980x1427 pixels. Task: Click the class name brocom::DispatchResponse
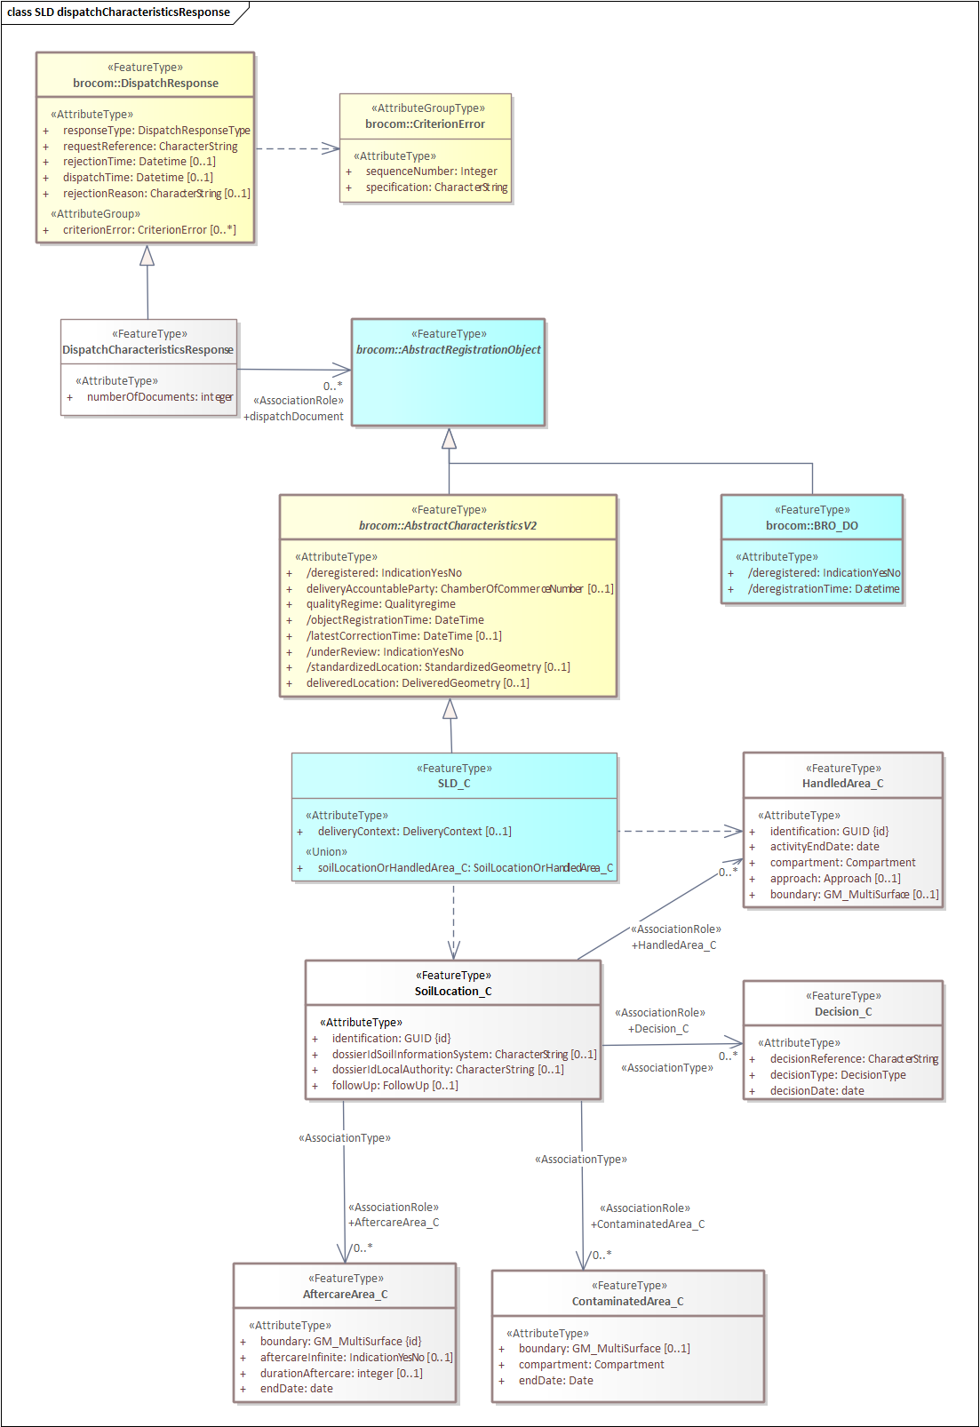pyautogui.click(x=146, y=83)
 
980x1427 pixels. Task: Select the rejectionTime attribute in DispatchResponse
pyautogui.click(x=139, y=162)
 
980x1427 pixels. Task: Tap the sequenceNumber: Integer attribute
pyautogui.click(x=432, y=171)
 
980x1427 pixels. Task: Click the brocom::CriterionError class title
pyautogui.click(x=425, y=124)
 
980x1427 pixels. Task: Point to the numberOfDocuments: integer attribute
pyautogui.click(x=160, y=397)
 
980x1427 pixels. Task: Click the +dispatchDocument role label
pyautogui.click(x=294, y=417)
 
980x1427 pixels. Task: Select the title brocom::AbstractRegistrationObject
pyautogui.click(x=448, y=350)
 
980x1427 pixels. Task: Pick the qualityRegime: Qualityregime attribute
pyautogui.click(x=381, y=604)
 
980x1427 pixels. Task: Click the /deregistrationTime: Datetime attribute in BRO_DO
pyautogui.click(x=824, y=588)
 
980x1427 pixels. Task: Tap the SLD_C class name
pyautogui.click(x=454, y=784)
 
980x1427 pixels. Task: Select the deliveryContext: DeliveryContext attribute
pyautogui.click(x=415, y=832)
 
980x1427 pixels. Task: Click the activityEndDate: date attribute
pyautogui.click(x=825, y=847)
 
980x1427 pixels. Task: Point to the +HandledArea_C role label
pyautogui.click(x=673, y=945)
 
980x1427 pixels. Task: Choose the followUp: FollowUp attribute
pyautogui.click(x=395, y=1086)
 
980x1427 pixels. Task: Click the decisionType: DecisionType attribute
pyautogui.click(x=838, y=1075)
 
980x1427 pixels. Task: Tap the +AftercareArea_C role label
pyautogui.click(x=393, y=1223)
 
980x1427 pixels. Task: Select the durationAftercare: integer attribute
pyautogui.click(x=341, y=1373)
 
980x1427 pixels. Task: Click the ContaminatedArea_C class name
pyautogui.click(x=627, y=1301)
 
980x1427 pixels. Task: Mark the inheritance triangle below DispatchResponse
pyautogui.click(x=147, y=256)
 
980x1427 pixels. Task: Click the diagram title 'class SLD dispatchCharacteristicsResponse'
pyautogui.click(x=118, y=12)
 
